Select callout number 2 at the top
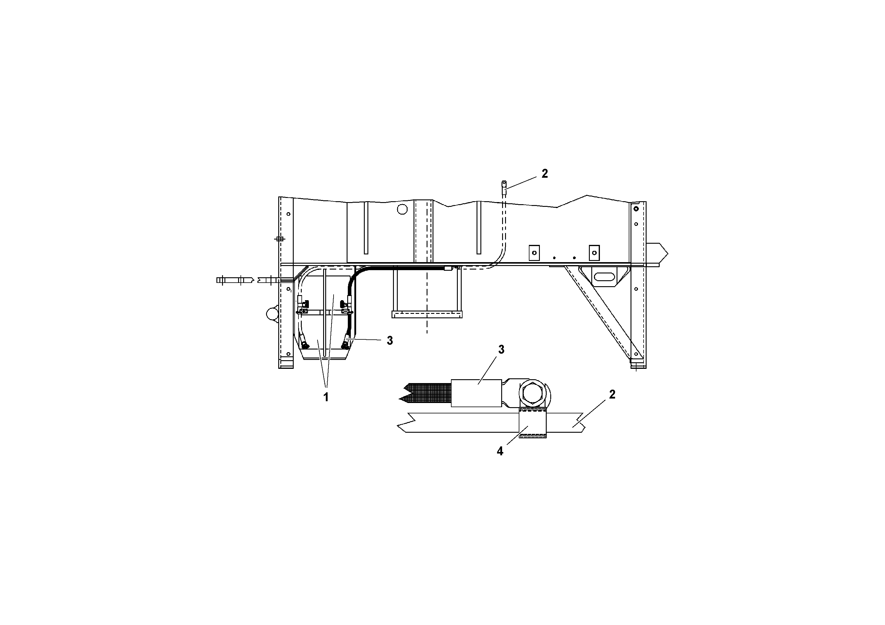pos(544,174)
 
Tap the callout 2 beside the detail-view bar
pos(612,395)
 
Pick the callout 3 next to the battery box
pos(390,341)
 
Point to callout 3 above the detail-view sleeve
pos(501,350)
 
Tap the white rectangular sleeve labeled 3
pos(476,393)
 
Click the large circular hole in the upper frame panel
pos(402,209)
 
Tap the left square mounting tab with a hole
pos(534,253)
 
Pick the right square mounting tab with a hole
pos(594,253)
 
